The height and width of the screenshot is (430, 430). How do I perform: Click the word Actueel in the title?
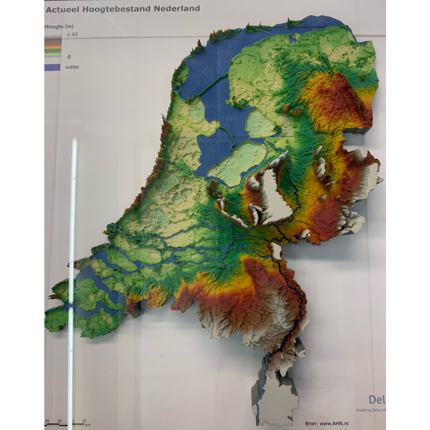(60, 9)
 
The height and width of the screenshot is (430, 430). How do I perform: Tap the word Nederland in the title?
(177, 8)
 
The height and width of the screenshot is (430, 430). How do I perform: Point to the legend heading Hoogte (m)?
(59, 26)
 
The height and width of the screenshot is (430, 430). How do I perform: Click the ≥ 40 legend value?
(72, 35)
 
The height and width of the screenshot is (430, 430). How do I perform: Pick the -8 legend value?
(68, 57)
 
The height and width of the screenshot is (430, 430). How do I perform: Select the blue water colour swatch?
(52, 67)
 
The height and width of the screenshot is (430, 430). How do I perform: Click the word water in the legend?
(72, 67)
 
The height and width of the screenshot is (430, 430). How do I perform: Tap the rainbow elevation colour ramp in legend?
(52, 47)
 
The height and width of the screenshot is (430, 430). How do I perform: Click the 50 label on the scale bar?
(84, 421)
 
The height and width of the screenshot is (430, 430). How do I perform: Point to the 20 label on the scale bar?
(47, 421)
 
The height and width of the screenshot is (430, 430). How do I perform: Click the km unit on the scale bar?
(88, 425)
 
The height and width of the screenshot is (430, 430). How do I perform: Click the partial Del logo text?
(377, 400)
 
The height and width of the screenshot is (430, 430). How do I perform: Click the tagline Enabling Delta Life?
(371, 410)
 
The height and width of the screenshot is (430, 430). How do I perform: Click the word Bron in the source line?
(311, 424)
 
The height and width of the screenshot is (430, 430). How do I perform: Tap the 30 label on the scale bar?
(59, 421)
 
